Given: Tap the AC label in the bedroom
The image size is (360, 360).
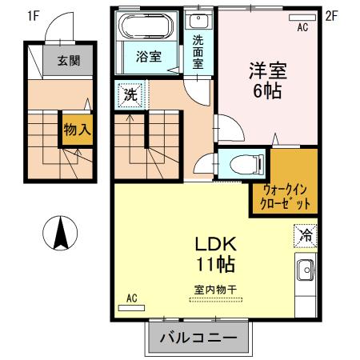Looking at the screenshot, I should click(x=302, y=27).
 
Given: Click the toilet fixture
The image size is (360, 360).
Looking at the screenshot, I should click(x=245, y=166).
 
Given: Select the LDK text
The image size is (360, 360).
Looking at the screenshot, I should click(x=214, y=244).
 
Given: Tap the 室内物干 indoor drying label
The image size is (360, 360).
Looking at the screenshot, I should click(x=215, y=289).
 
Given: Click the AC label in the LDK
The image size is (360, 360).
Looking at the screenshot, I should click(x=132, y=298).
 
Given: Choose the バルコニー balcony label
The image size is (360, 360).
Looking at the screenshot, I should click(x=198, y=338).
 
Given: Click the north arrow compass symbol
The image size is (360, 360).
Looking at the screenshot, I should click(x=60, y=234).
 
